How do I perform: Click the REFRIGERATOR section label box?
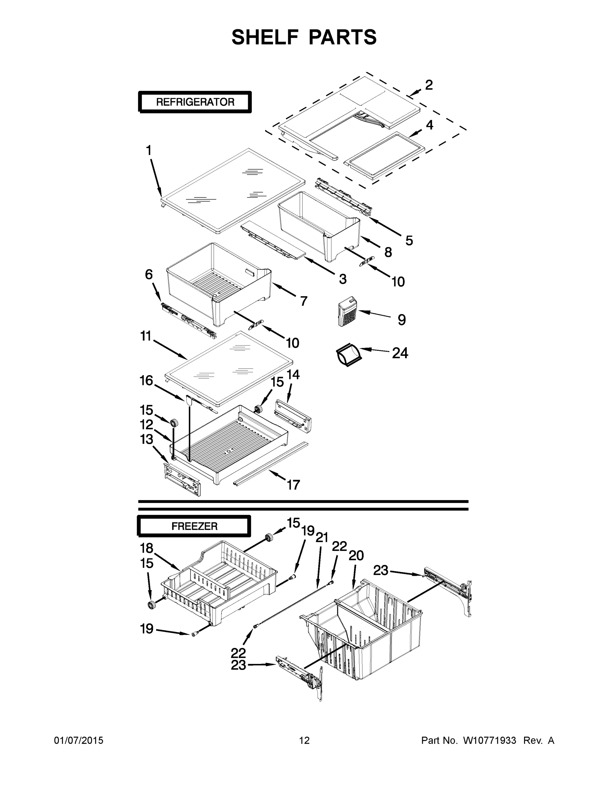[195, 102]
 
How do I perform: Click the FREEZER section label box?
[194, 526]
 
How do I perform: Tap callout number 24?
[400, 353]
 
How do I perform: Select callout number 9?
[402, 320]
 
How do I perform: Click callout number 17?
[293, 485]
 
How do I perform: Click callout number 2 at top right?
[429, 85]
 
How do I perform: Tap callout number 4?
[429, 125]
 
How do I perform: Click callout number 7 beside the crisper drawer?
[304, 301]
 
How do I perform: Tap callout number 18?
[147, 548]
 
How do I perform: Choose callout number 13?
[147, 439]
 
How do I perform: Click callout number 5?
[409, 241]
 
